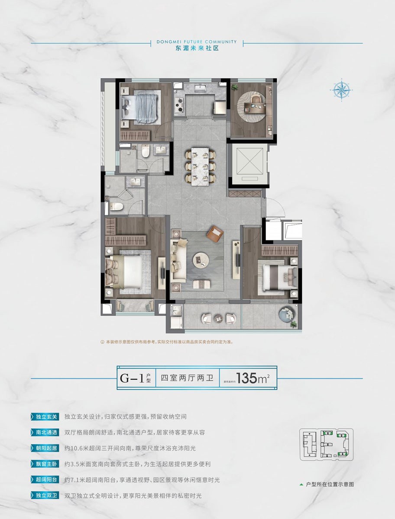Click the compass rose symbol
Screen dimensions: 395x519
342,90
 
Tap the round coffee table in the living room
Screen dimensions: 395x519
201,260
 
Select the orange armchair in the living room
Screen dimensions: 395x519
215,233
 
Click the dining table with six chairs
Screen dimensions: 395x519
201,167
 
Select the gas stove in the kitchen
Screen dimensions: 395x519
179,105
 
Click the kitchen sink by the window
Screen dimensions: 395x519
201,88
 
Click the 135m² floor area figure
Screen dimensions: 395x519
253,378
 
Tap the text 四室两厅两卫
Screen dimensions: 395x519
187,378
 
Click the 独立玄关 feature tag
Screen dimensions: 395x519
45,417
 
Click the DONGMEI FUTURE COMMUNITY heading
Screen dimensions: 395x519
197,42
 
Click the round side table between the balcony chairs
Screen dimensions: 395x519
219,318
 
